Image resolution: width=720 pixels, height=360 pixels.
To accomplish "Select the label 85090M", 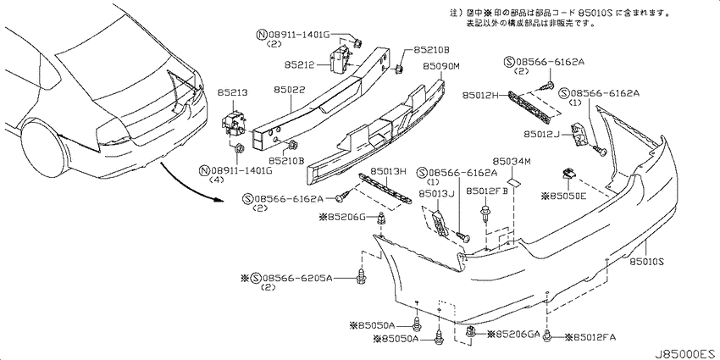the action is (x=440, y=67).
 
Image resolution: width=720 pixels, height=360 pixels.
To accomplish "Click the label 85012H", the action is (x=479, y=95).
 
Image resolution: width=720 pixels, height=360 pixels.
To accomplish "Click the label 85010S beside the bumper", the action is (x=647, y=261).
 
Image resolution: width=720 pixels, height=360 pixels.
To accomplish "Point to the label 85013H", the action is (x=389, y=171).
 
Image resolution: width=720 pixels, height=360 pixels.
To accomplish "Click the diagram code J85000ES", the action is (x=686, y=353).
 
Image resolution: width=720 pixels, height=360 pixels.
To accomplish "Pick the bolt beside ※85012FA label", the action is (x=547, y=335).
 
